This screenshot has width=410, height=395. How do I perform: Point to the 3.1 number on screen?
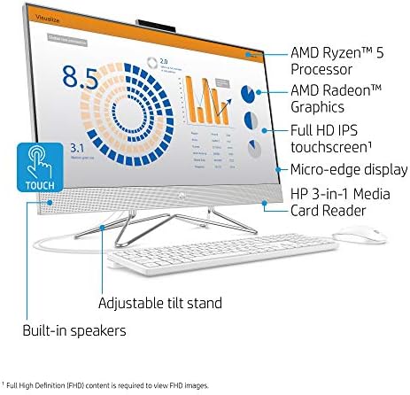click(x=52, y=149)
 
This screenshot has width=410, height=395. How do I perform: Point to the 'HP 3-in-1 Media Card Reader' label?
click(x=341, y=202)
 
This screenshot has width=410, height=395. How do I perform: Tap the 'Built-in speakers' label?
click(x=74, y=329)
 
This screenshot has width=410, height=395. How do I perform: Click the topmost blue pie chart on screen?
click(x=251, y=91)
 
